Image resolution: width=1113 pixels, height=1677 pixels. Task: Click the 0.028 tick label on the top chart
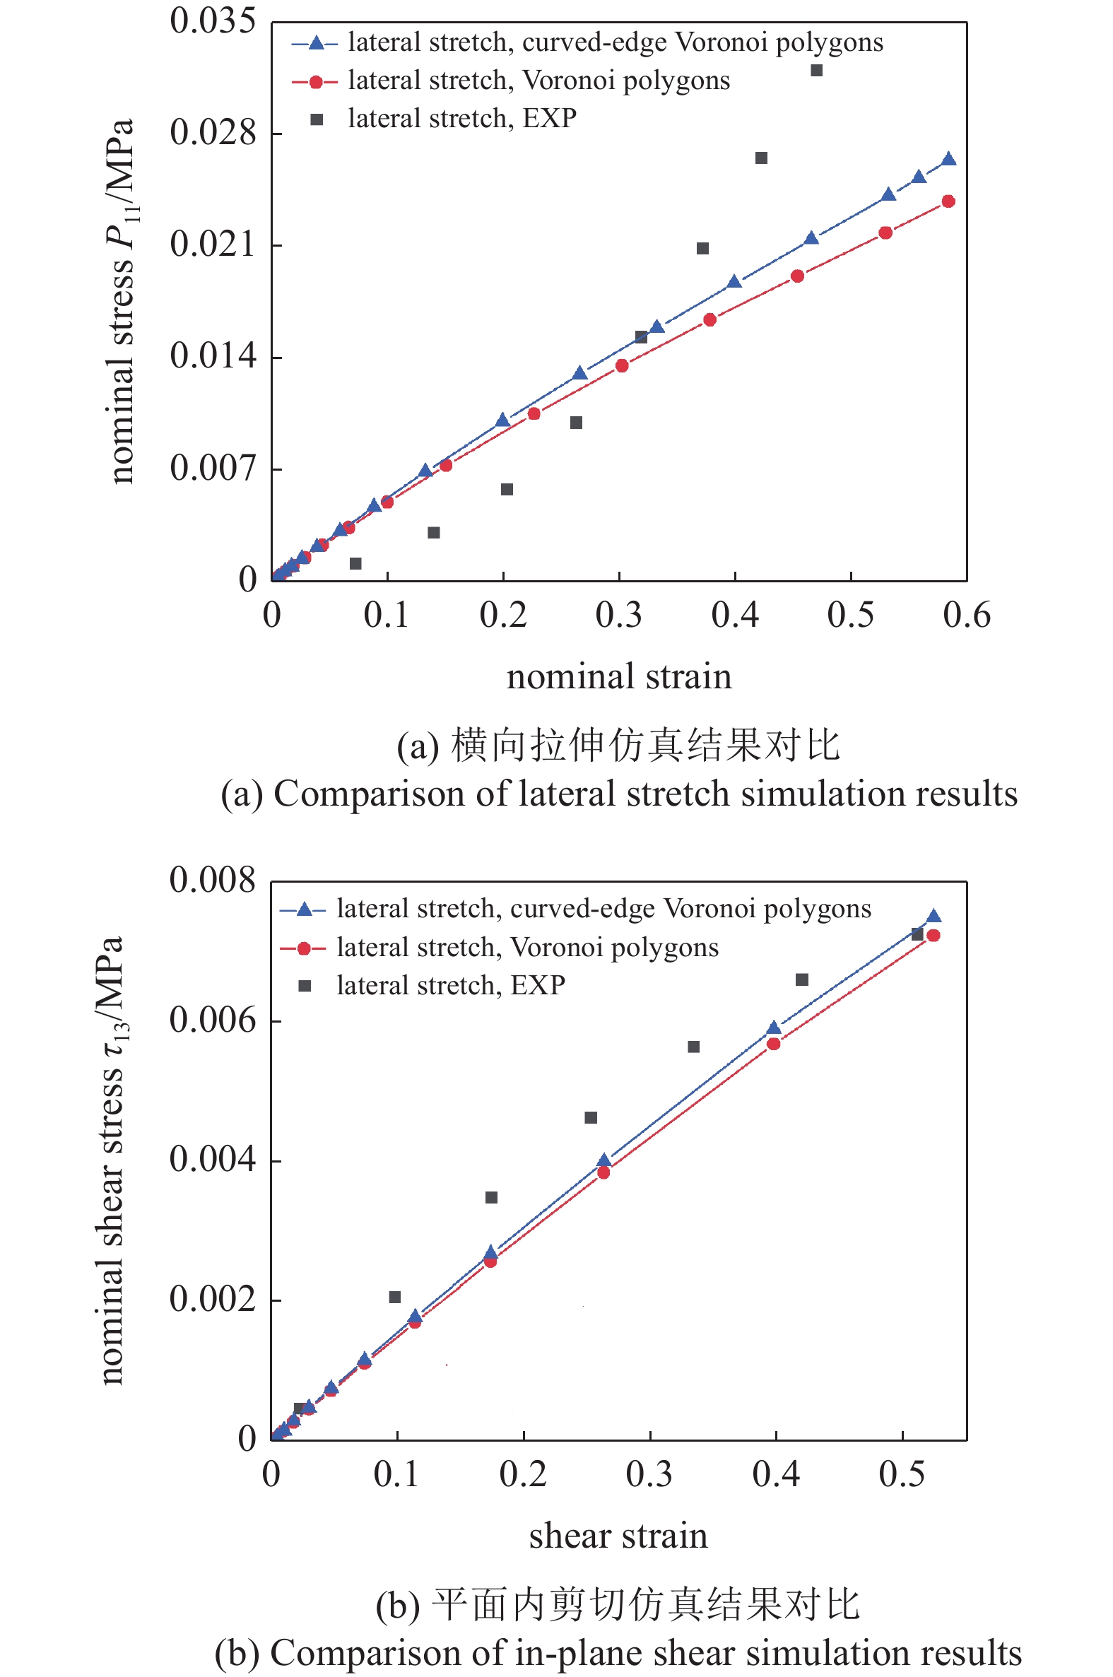[x=212, y=134]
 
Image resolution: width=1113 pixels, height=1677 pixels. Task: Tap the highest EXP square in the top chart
[x=816, y=70]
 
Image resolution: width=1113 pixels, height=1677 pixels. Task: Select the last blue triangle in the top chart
[x=948, y=159]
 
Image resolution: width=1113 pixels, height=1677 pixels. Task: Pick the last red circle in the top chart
[x=948, y=201]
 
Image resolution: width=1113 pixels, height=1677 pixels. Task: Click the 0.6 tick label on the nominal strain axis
[x=966, y=615]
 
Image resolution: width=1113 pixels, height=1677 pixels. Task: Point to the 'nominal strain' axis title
[x=618, y=676]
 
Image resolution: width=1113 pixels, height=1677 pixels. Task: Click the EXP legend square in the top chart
[x=317, y=119]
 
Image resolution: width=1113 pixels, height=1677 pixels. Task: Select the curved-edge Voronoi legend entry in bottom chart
[x=603, y=909]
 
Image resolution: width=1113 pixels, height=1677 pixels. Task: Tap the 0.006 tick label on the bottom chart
[x=212, y=1020]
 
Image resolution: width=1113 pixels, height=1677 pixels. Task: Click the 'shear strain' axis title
[x=618, y=1536]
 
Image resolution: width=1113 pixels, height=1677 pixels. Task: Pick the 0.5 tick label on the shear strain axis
[x=902, y=1475]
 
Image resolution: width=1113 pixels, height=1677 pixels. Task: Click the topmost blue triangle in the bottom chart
[x=934, y=916]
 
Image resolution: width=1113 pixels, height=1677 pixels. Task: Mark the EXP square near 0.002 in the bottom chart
[x=394, y=1298]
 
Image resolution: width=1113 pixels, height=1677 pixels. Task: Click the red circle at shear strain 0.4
[x=774, y=1044]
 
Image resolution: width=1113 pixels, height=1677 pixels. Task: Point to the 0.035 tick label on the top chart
[x=212, y=21]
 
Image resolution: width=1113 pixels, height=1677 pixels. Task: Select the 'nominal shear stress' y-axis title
[x=112, y=1160]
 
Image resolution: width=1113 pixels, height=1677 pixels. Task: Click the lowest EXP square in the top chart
[x=355, y=563]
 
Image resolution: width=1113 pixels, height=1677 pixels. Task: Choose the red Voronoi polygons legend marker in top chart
[x=315, y=81]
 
